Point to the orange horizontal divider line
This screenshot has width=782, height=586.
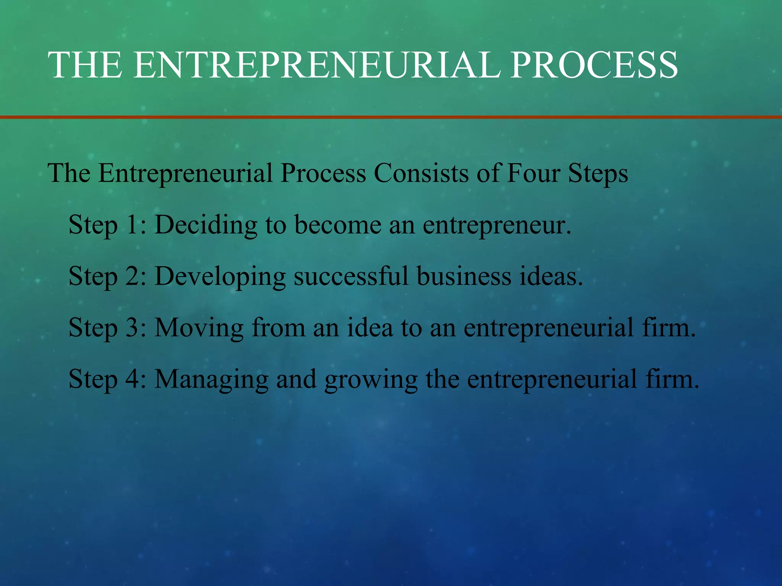(391, 117)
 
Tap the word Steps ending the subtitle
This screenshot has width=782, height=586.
(598, 174)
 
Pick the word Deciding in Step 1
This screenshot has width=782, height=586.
(206, 225)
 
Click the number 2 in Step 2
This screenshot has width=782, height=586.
(132, 276)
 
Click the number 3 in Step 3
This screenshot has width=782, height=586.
(132, 328)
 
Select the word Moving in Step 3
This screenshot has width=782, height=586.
(199, 328)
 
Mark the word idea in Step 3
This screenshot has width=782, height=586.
(370, 328)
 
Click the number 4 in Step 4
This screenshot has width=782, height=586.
(132, 379)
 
